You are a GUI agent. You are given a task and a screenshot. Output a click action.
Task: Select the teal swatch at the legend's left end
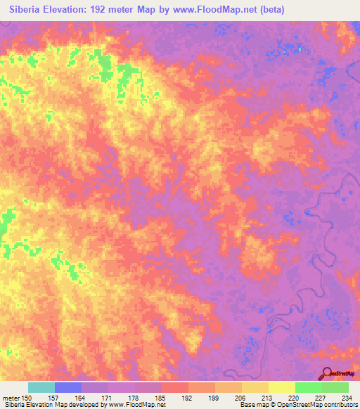click(41, 387)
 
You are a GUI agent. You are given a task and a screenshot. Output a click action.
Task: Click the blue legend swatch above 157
click(68, 387)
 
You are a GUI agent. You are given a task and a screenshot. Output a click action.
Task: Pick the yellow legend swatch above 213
click(255, 387)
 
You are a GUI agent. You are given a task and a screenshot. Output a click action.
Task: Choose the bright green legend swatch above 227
click(309, 387)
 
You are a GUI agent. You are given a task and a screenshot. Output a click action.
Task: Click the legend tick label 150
click(27, 398)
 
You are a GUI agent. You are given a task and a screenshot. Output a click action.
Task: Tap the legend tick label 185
click(161, 398)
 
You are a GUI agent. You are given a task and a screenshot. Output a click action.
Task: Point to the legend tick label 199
click(214, 398)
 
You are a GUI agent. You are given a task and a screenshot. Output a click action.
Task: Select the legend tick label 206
click(241, 398)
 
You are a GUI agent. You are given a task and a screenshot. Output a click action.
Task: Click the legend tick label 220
click(295, 398)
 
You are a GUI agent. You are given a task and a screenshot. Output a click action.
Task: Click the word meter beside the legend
click(11, 398)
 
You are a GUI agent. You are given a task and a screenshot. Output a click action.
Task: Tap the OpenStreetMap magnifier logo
click(327, 373)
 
